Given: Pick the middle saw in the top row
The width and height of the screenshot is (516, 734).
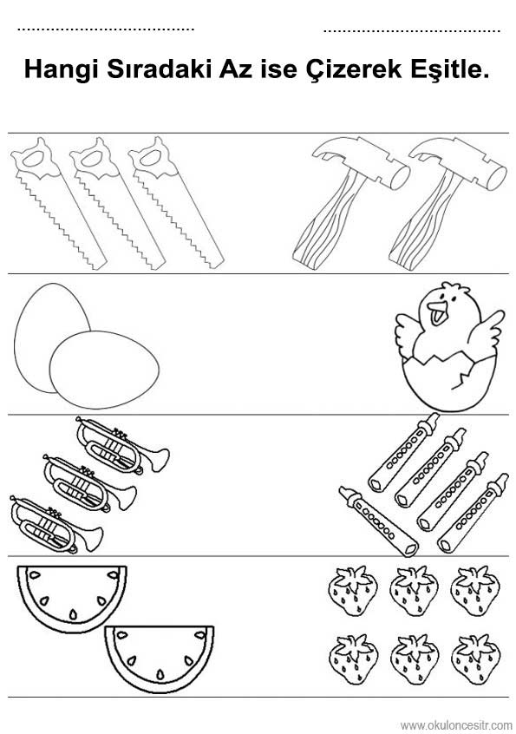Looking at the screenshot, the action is (117, 203).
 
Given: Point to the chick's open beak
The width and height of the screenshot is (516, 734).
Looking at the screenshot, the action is (437, 312).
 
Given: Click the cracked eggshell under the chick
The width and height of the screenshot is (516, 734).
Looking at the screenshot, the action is (448, 382).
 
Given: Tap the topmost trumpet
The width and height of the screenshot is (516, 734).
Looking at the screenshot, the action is (122, 446).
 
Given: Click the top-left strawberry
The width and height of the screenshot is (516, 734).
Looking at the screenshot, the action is (353, 590).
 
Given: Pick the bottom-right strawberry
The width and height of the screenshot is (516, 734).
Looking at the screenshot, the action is (475, 659).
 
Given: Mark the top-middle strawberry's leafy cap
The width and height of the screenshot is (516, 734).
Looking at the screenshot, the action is (414, 576).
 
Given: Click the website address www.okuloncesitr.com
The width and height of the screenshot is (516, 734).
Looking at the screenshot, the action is (456, 725).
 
